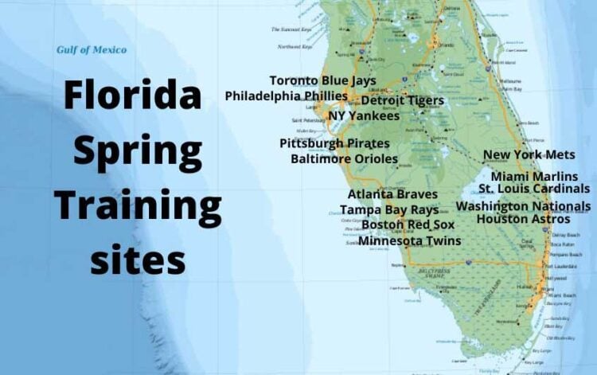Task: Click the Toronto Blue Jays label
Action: pyautogui.click(x=322, y=80)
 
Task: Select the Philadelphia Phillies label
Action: pyautogui.click(x=286, y=96)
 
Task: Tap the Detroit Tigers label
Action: pyautogui.click(x=403, y=101)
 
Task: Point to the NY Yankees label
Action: pyautogui.click(x=364, y=116)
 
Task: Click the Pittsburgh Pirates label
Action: pyautogui.click(x=334, y=143)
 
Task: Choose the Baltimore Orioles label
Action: pyautogui.click(x=344, y=159)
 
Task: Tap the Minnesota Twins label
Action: pyautogui.click(x=409, y=240)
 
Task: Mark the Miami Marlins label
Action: pyautogui.click(x=534, y=176)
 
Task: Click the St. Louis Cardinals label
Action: pyautogui.click(x=534, y=189)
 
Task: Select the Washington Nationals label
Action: pyautogui.click(x=535, y=205)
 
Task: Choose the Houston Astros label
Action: pyautogui.click(x=523, y=219)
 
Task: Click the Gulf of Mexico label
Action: pyautogui.click(x=91, y=50)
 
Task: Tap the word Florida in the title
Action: pyautogui.click(x=132, y=97)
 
